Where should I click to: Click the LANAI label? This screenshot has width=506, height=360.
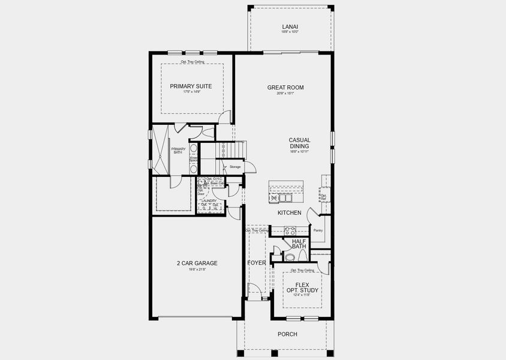click(x=290, y=26)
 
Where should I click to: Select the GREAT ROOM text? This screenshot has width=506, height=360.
click(x=285, y=88)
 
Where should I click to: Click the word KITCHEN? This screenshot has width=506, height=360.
click(x=289, y=213)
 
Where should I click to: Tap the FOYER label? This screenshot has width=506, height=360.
click(x=257, y=263)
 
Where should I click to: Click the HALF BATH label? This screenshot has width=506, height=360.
click(x=299, y=244)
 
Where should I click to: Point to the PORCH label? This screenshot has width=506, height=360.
click(x=287, y=334)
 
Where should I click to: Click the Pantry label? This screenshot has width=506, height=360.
click(x=318, y=230)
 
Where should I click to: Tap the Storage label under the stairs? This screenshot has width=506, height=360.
click(x=234, y=167)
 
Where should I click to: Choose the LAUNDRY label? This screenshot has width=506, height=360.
click(x=210, y=201)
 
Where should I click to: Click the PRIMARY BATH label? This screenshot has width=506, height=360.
click(x=178, y=151)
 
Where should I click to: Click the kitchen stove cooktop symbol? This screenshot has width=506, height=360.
click(x=289, y=230)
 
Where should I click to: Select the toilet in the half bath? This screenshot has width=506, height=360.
click(x=289, y=257)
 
